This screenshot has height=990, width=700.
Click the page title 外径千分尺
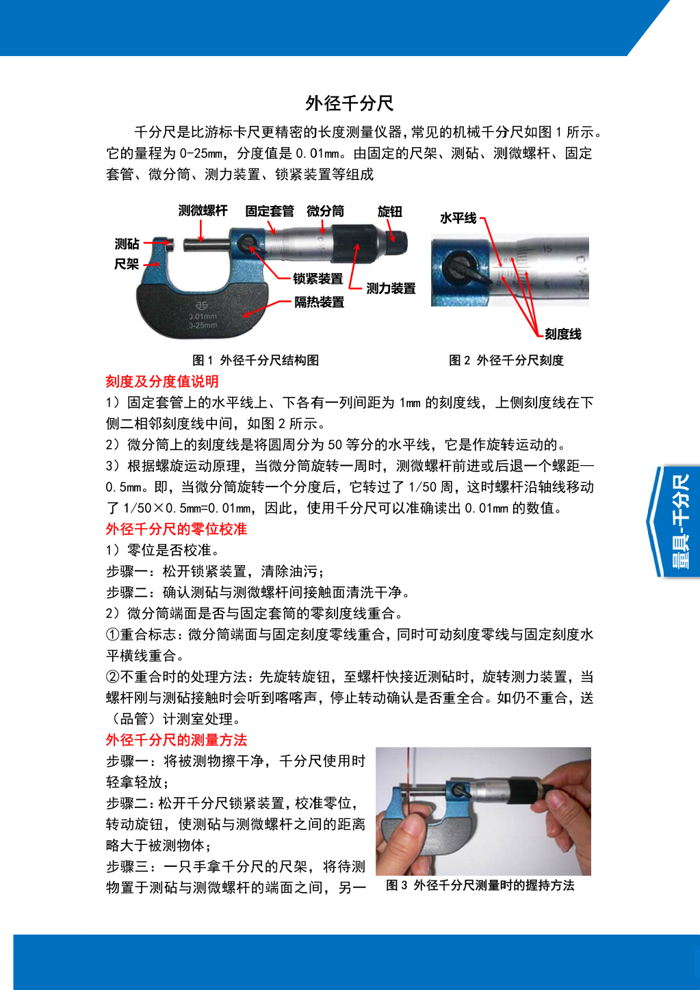click(349, 103)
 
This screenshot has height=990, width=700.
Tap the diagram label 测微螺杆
click(203, 210)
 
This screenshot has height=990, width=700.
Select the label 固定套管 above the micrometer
click(270, 211)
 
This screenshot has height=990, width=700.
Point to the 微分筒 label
click(325, 211)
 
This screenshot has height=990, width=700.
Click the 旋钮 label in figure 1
click(390, 211)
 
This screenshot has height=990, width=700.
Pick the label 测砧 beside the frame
click(127, 244)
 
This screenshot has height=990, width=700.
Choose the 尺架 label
click(127, 264)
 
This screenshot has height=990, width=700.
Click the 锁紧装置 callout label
click(317, 279)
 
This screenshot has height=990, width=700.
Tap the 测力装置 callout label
click(391, 289)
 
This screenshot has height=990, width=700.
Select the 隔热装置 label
click(319, 302)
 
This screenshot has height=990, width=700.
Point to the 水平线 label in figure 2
click(458, 218)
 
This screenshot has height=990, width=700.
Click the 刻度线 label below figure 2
click(563, 334)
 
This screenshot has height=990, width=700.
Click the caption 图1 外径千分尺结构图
click(255, 360)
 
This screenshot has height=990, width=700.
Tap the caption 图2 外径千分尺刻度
click(506, 360)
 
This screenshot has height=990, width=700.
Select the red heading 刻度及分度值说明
click(162, 381)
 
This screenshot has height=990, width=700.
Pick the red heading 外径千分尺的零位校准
click(177, 529)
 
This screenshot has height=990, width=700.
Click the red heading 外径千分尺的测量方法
click(177, 740)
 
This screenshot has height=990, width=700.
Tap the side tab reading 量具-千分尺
click(680, 521)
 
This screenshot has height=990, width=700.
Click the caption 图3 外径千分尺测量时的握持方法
click(480, 885)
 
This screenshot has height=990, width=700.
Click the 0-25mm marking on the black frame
click(204, 325)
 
